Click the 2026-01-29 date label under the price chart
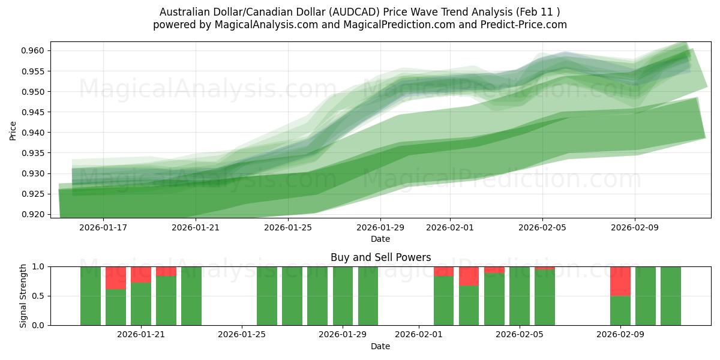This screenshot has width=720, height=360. (x=380, y=227)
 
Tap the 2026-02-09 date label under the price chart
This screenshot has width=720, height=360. (x=635, y=227)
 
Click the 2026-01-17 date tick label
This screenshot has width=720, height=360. (x=103, y=227)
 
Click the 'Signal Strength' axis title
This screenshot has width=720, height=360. (x=23, y=296)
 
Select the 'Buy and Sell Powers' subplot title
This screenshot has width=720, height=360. (x=380, y=257)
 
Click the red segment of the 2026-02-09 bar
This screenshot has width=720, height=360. (x=620, y=281)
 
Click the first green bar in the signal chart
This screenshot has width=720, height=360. (x=91, y=296)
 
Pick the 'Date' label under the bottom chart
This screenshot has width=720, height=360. (x=380, y=346)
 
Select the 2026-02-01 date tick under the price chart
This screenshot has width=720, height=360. (x=450, y=227)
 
